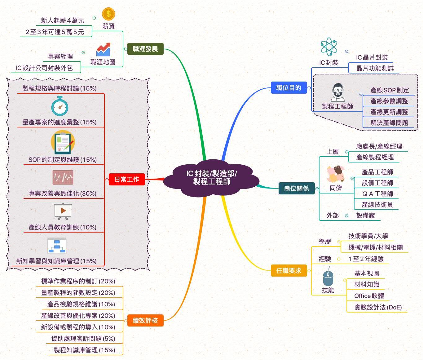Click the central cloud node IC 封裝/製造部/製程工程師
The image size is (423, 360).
211,178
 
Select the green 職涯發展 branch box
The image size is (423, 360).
145,49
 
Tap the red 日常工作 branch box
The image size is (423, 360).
127,179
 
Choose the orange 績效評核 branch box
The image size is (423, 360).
145,320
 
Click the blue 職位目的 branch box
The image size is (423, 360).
289,88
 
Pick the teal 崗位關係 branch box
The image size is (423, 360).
297,188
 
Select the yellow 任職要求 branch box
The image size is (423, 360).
289,271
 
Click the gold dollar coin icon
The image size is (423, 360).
108,14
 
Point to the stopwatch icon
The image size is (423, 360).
60,106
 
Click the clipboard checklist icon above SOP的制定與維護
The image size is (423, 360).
63,143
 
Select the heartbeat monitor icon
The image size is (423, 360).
63,178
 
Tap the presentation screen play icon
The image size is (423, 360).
63,211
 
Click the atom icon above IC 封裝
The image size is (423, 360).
328,47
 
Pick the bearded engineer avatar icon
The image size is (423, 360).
337,92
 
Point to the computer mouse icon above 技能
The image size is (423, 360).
328,278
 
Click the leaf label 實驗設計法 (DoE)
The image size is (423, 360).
378,307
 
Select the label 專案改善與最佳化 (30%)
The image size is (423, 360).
63,193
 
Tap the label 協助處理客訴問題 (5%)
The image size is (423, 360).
83,339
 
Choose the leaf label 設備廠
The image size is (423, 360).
366,216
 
